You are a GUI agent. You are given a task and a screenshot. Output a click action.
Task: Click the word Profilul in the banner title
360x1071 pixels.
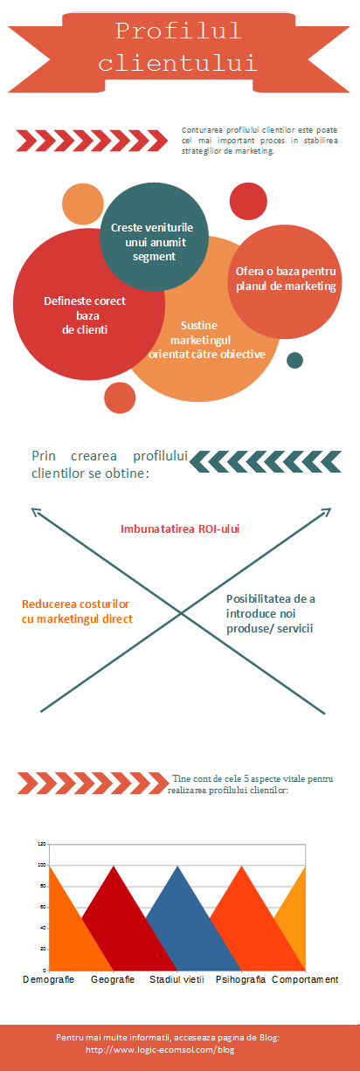[178, 31]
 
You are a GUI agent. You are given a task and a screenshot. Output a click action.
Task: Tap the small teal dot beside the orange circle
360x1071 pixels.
[295, 360]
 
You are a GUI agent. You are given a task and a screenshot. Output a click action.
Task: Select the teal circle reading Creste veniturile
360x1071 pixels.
[154, 237]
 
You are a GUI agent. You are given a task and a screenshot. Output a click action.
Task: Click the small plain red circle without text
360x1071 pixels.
[248, 201]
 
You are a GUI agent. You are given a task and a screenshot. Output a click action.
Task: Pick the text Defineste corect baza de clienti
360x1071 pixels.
[85, 315]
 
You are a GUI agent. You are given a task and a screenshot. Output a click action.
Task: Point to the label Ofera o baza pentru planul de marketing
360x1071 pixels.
[286, 279]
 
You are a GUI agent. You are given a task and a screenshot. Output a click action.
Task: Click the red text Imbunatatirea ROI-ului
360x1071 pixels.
[180, 529]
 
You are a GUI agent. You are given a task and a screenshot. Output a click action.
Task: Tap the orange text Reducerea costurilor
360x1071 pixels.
[75, 604]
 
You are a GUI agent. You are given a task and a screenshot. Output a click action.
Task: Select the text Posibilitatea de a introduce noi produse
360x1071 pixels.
[271, 613]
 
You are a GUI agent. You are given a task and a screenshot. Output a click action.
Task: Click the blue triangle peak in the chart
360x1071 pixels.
[177, 867]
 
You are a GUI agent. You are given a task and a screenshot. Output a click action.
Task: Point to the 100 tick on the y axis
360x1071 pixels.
[42, 865]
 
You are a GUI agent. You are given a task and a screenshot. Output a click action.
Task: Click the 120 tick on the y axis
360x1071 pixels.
[42, 844]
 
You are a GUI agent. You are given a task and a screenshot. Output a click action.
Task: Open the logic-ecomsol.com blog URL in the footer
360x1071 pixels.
[160, 1049]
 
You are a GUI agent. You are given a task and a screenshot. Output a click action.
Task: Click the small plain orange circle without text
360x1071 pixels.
[83, 204]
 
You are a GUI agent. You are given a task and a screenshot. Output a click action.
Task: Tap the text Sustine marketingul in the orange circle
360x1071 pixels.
[200, 332]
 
